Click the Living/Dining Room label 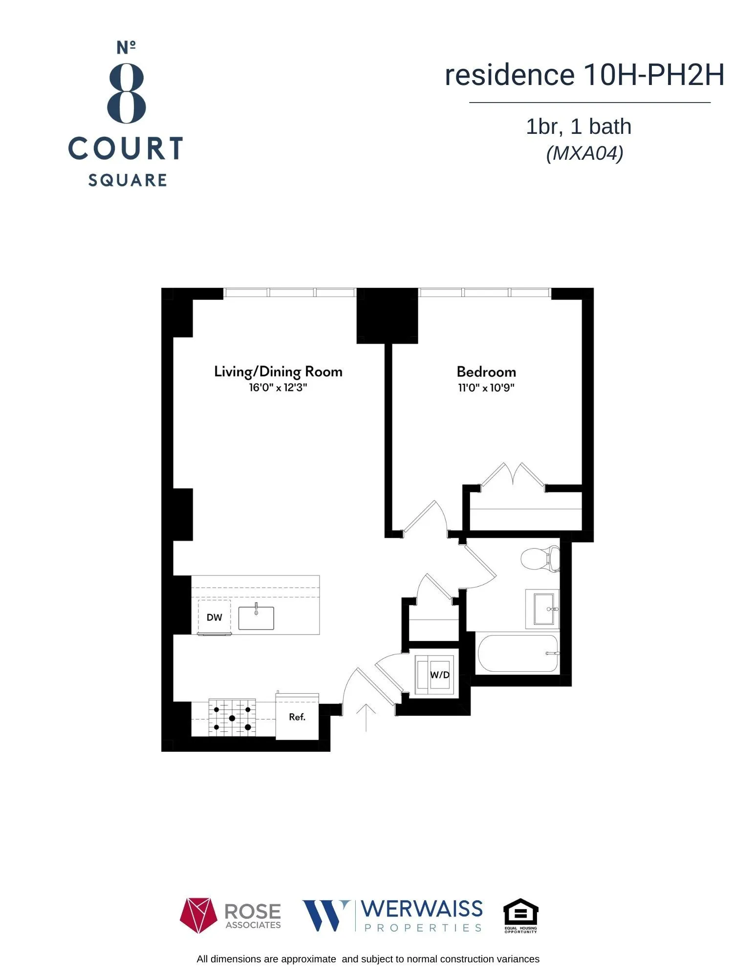[278, 372]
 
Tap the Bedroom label [486, 372]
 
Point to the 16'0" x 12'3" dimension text [278, 388]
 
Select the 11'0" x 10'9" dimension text [486, 388]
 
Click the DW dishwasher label [214, 617]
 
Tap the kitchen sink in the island [256, 618]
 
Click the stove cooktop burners [232, 718]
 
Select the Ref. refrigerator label [297, 717]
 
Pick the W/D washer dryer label [439, 675]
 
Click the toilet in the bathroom [539, 559]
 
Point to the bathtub [517, 653]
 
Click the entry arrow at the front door [366, 716]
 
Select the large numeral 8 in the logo [127, 93]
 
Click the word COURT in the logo [126, 149]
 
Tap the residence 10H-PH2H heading [584, 75]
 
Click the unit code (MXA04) [584, 153]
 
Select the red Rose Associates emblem [198, 915]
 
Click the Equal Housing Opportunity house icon [520, 912]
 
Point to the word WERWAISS [422, 909]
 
